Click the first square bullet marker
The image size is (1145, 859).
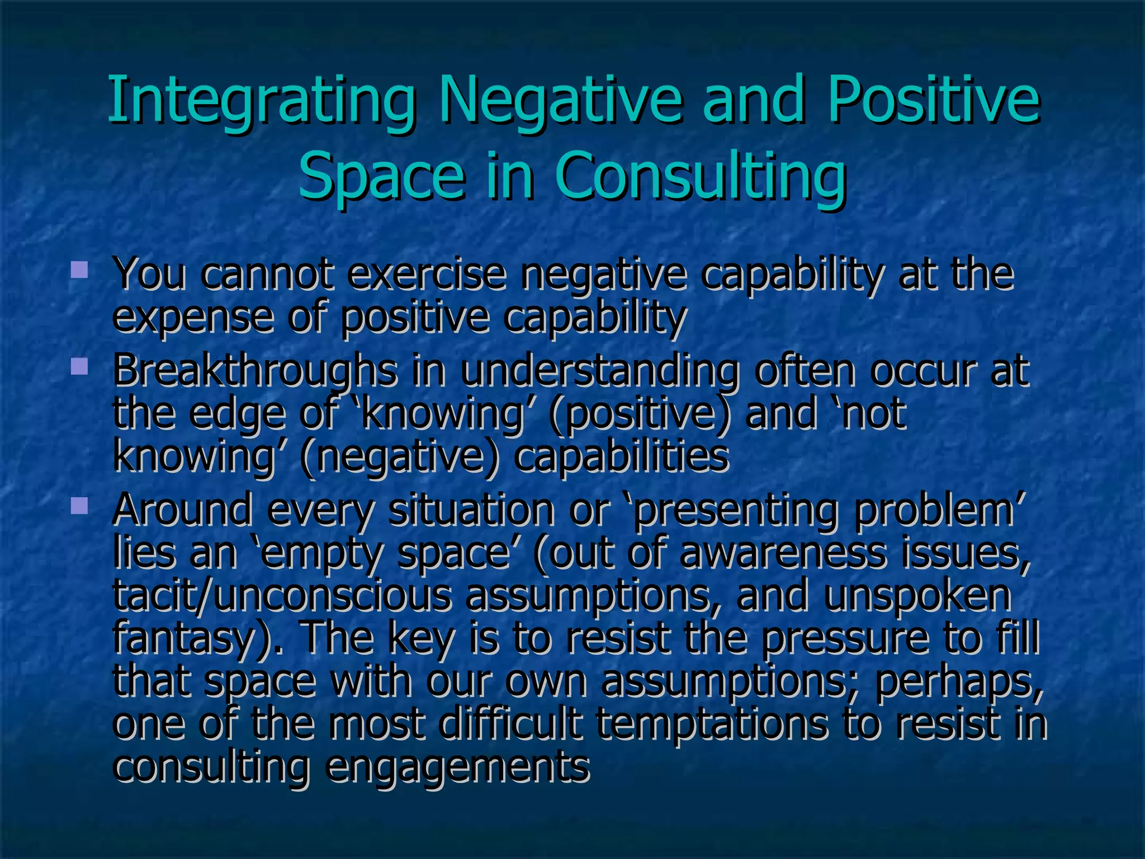(79, 271)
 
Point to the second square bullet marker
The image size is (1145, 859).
(79, 367)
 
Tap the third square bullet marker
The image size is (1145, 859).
(79, 506)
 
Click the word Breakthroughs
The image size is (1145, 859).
(255, 372)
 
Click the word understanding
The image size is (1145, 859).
(599, 372)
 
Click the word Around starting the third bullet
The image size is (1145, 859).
(182, 510)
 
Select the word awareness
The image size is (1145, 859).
(783, 554)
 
